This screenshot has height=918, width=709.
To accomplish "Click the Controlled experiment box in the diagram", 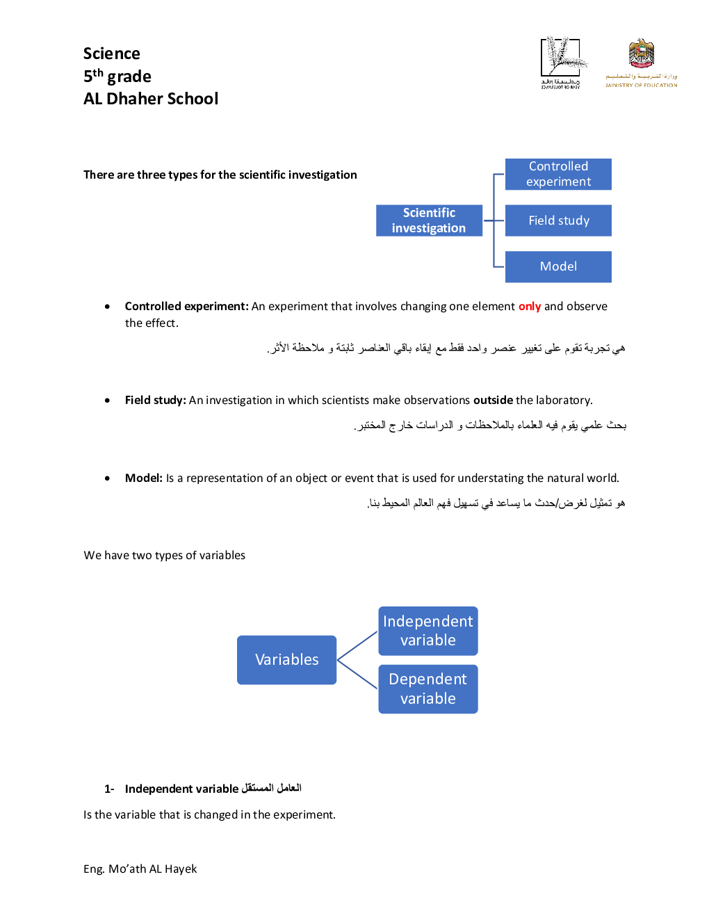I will [x=558, y=174].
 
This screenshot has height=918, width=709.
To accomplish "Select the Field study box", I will [x=558, y=220].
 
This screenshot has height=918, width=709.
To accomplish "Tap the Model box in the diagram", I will [x=558, y=266].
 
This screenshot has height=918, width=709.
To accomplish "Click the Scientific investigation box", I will [x=429, y=220].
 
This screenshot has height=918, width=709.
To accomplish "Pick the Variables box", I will [x=286, y=659].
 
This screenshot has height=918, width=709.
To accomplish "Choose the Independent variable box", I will [x=427, y=631].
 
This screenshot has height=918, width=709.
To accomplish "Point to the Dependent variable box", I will [x=427, y=688].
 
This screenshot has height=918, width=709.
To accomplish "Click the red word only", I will [x=529, y=306].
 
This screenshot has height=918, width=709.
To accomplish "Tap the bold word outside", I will [x=493, y=400].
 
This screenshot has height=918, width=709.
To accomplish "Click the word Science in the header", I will [x=112, y=54].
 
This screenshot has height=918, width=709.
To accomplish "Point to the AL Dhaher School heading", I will [x=151, y=99].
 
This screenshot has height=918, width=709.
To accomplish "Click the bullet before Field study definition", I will [x=107, y=401].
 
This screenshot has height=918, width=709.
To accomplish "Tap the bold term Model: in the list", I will [x=144, y=478].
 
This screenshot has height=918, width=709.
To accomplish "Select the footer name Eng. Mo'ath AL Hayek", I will [x=140, y=869].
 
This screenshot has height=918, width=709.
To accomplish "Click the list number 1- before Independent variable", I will [x=109, y=789].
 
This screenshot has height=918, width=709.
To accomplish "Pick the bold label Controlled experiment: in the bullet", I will [x=186, y=306].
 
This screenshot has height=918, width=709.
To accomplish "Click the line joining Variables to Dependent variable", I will [x=357, y=675].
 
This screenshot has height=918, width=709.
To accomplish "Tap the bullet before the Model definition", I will [x=107, y=478].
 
